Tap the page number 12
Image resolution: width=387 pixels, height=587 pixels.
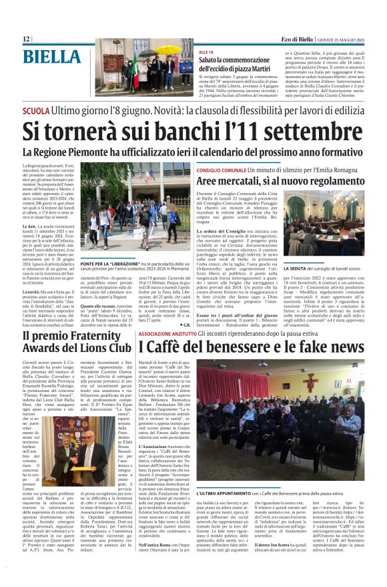[26, 39]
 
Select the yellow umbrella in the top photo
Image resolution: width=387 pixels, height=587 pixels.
[167, 50]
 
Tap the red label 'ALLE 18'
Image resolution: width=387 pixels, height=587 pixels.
[206, 51]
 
